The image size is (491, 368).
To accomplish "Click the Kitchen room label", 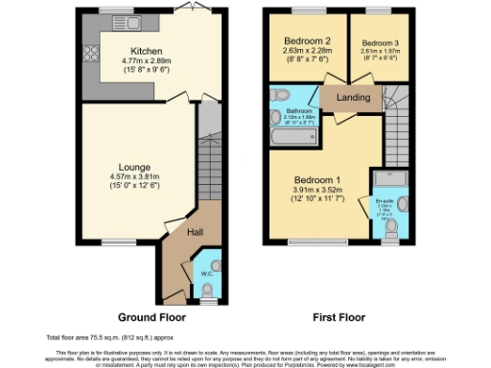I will tap(147, 51).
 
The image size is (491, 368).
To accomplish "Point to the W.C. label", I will tap(206, 275).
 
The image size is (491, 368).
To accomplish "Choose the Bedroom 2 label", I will tap(307, 41).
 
